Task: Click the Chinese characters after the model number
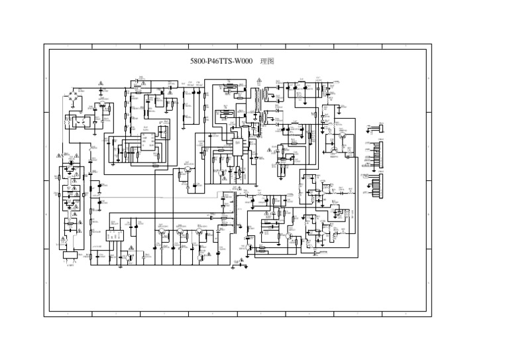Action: point(267,61)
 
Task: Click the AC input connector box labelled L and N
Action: point(69,255)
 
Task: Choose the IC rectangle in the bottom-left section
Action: point(115,235)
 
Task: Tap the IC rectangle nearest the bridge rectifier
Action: point(147,140)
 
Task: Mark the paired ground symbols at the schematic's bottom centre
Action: point(239,263)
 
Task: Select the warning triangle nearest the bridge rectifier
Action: point(100,84)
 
